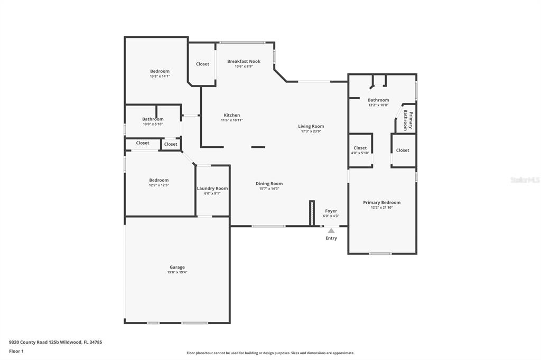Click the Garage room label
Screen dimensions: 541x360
pos(177,267)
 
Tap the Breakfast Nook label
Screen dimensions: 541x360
pos(244,61)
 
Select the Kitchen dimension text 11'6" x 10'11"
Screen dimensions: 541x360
pos(232,120)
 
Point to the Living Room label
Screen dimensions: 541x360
pos(311,126)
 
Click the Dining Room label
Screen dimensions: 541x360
pos(269,184)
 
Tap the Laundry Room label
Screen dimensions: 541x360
pos(212,188)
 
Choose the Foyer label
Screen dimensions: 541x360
pos(331,211)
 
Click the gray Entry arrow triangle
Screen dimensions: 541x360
pos(331,231)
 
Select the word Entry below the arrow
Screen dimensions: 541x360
pos(331,238)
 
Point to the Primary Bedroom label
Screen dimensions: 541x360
pos(381,203)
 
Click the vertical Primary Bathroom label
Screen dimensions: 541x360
pos(408,120)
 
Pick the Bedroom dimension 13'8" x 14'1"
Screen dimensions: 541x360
pos(160,76)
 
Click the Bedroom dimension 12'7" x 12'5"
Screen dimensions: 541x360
pos(158,185)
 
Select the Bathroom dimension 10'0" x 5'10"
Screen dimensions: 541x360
pos(153,124)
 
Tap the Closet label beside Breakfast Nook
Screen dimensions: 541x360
pos(202,64)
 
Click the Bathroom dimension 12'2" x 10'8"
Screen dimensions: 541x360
pos(378,105)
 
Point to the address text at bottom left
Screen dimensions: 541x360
pos(55,343)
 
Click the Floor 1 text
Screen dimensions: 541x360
pos(16,352)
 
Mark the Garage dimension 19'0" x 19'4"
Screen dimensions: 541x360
pos(177,272)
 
